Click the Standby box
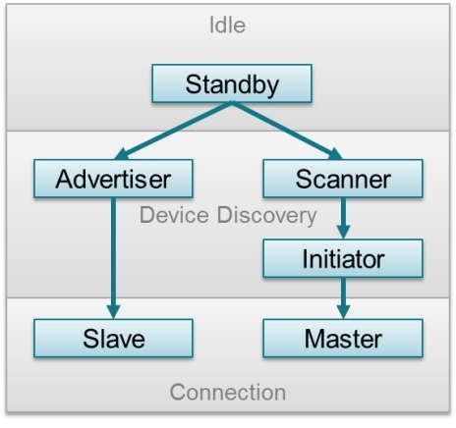click(232, 83)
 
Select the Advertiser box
click(113, 179)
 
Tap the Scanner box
click(343, 179)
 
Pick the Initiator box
click(343, 258)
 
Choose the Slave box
click(113, 339)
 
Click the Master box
click(343, 339)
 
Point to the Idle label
click(227, 25)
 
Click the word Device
click(174, 215)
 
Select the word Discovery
click(267, 216)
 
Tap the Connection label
click(228, 392)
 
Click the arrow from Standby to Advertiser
click(173, 131)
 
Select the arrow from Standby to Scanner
click(287, 131)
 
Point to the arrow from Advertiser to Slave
click(113, 258)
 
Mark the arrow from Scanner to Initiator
click(343, 218)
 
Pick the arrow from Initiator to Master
click(343, 298)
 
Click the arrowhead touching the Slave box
click(113, 312)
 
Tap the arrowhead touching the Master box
click(343, 312)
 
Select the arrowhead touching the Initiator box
click(343, 233)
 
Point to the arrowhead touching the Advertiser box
click(122, 154)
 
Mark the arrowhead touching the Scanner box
click(335, 154)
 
